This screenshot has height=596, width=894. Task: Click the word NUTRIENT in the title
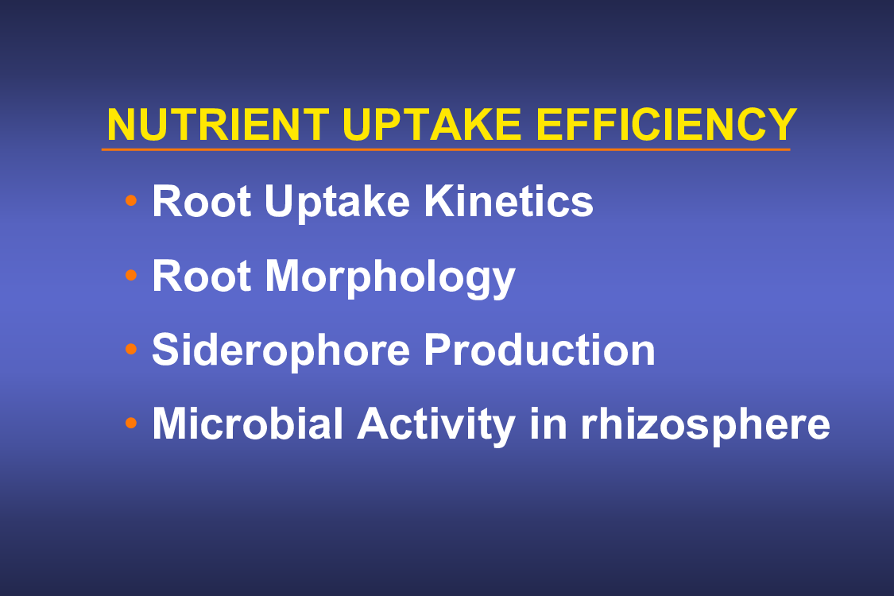click(218, 124)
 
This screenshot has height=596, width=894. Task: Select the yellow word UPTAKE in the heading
click(432, 124)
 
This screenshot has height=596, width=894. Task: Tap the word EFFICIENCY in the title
click(666, 124)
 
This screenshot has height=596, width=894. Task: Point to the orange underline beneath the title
click(446, 149)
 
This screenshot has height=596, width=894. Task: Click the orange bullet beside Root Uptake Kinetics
click(131, 200)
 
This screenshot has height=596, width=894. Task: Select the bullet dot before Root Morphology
click(131, 275)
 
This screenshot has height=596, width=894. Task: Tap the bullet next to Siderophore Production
click(131, 349)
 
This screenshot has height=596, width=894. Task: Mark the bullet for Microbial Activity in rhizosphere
click(131, 423)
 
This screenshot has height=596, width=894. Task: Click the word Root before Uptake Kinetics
click(202, 201)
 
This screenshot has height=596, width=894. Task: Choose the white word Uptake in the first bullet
click(337, 203)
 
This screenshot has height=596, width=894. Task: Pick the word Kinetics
click(509, 201)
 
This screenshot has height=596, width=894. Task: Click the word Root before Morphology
click(202, 276)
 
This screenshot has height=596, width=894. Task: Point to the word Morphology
click(390, 278)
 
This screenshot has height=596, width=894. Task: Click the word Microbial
click(248, 424)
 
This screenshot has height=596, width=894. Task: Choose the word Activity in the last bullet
click(436, 426)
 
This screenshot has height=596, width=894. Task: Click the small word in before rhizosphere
click(548, 424)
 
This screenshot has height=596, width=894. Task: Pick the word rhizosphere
click(706, 426)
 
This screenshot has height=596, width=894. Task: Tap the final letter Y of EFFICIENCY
click(781, 124)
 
